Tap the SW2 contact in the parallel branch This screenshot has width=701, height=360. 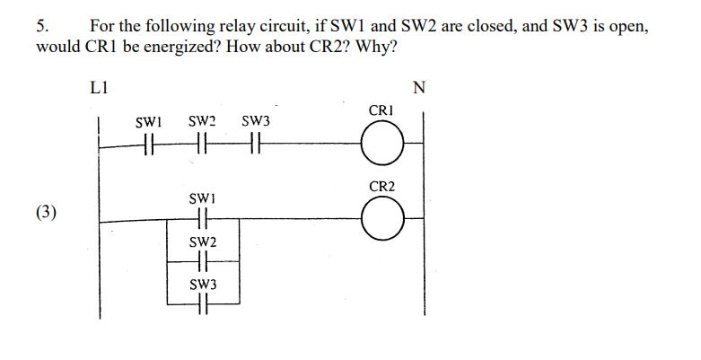point(202,261)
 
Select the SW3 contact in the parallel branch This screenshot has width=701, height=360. point(202,305)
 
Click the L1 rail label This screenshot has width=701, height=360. point(100,87)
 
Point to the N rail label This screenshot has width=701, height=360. point(418,87)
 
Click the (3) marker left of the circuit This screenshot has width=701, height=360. point(47,212)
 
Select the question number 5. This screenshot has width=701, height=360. point(42,26)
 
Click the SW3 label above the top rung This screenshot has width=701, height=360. point(257,120)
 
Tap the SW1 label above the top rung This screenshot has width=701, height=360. point(148,120)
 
